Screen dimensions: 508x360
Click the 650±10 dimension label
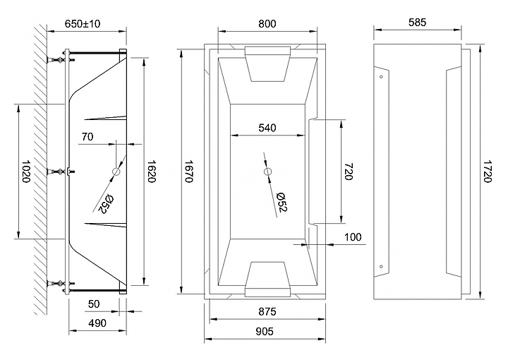(x=83, y=24)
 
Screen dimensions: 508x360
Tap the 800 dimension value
(x=267, y=24)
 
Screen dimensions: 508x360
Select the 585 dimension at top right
(x=417, y=23)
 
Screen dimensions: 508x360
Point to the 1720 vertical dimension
(x=487, y=171)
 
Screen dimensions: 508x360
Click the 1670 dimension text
(x=188, y=171)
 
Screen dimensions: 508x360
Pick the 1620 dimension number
(x=152, y=171)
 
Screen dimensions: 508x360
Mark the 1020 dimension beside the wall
(x=26, y=171)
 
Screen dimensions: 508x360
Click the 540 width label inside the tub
(x=267, y=128)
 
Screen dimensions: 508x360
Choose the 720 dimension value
(x=349, y=171)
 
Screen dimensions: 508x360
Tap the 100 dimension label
(x=353, y=237)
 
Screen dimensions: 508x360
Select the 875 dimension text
(x=267, y=311)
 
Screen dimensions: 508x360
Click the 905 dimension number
(x=265, y=331)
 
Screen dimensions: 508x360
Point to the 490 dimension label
(x=97, y=323)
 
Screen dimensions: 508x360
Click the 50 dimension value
(x=94, y=304)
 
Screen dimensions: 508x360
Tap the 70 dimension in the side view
(x=87, y=137)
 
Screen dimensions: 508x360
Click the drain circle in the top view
(x=268, y=172)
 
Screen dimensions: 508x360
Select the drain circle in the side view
(x=116, y=172)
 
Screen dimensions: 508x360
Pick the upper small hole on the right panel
(x=381, y=77)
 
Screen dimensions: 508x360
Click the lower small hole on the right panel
(x=381, y=267)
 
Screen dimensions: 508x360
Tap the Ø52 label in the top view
(x=282, y=202)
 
